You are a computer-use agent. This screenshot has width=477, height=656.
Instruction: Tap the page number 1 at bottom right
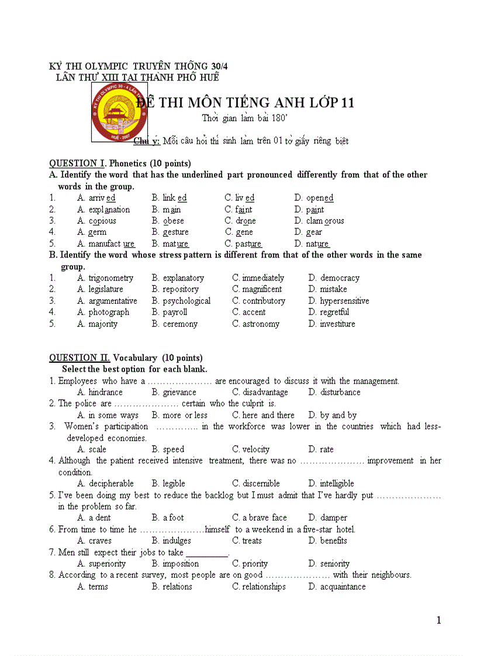438,620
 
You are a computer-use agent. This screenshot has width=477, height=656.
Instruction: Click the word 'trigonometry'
110,278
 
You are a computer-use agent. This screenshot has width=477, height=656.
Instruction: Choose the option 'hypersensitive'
344,301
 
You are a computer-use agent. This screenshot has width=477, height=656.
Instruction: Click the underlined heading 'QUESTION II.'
79,358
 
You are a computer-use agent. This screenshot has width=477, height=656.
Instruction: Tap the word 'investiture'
337,324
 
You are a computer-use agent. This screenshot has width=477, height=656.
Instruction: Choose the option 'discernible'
261,484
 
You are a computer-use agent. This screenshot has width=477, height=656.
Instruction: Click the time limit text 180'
279,119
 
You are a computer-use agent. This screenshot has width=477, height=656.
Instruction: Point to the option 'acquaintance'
343,587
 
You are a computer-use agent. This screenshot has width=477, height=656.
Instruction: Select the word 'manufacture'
112,244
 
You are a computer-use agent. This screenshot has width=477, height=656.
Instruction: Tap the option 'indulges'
177,541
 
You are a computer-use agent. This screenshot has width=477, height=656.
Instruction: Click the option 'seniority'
334,564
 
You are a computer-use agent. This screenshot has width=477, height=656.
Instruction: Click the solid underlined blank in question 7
206,553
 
